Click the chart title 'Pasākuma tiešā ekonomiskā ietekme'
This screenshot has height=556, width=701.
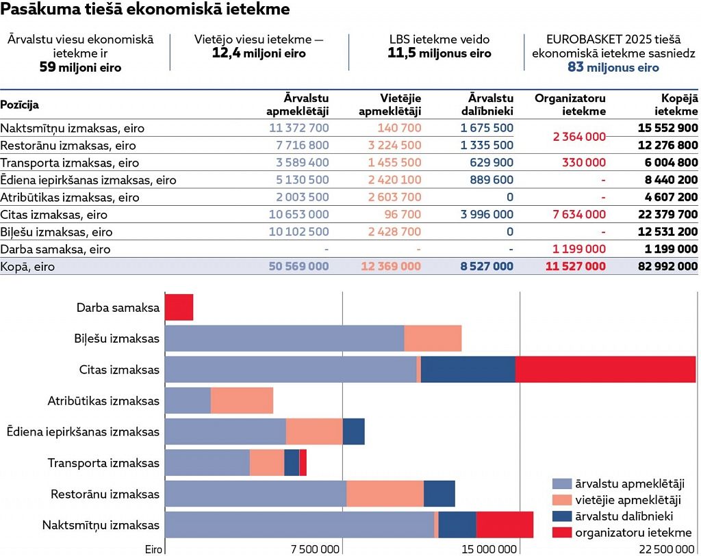(x=145, y=10)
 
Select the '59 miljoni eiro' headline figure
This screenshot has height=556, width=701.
(x=81, y=67)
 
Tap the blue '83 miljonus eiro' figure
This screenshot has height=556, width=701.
(x=613, y=67)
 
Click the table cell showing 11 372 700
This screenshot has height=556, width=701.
(x=298, y=128)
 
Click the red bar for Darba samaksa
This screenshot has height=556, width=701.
(x=179, y=307)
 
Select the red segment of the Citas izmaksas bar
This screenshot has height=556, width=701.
(x=605, y=369)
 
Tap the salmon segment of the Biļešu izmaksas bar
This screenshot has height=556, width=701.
(x=433, y=339)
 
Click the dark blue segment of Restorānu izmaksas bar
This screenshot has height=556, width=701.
(x=439, y=494)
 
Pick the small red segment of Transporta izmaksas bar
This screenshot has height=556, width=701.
(x=303, y=462)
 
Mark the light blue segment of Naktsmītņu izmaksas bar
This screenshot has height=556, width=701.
(x=299, y=525)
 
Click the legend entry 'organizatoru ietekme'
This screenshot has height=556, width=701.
(x=633, y=533)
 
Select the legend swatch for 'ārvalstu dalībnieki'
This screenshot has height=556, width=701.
(x=561, y=516)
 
